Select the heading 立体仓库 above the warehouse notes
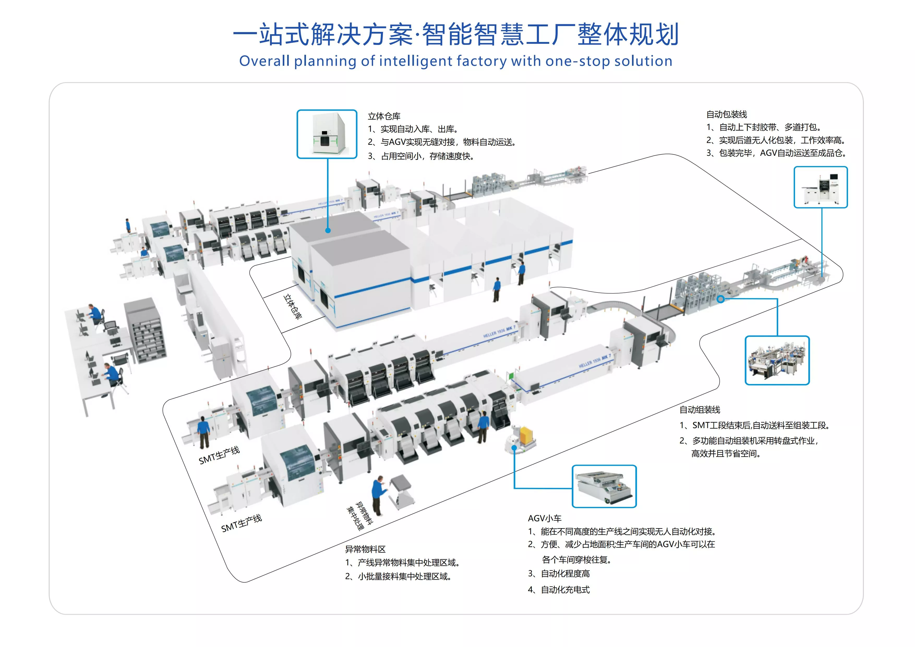(x=384, y=116)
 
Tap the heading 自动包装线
(x=726, y=115)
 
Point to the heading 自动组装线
(x=700, y=409)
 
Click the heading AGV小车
(x=544, y=518)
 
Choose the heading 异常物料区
(x=365, y=549)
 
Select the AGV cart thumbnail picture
(x=604, y=486)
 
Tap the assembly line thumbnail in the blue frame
(x=777, y=360)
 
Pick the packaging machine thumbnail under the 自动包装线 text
(x=821, y=187)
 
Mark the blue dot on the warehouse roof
(x=328, y=230)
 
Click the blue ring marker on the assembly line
(x=720, y=299)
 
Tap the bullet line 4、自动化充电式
(x=559, y=590)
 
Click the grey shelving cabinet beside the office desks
(x=145, y=331)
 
